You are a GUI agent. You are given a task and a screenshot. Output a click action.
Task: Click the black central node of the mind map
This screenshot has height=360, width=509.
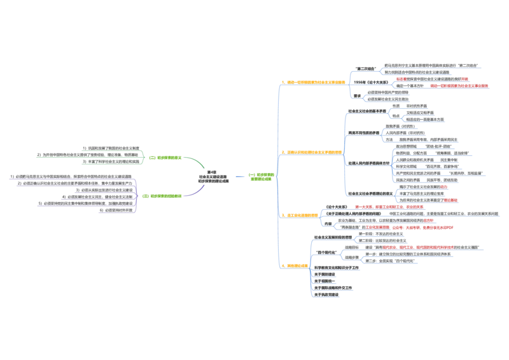(213, 177)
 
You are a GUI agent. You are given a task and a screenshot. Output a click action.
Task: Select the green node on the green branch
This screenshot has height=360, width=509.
(165, 157)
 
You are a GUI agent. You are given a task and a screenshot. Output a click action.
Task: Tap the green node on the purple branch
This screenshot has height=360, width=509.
(162, 195)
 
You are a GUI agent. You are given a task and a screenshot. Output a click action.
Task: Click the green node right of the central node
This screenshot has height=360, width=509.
(261, 176)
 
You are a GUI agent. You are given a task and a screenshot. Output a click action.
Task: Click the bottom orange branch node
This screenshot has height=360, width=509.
(295, 265)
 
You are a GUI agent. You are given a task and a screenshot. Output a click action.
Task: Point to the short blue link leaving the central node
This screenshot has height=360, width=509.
(241, 176)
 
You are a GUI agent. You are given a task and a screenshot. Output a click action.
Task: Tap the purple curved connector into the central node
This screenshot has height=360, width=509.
(194, 193)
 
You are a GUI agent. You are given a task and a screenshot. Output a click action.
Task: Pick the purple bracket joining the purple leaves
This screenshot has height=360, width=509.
(136, 195)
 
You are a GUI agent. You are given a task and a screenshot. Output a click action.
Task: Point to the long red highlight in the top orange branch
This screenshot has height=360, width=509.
(459, 85)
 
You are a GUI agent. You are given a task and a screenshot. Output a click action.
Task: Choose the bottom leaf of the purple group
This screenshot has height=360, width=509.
(116, 210)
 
